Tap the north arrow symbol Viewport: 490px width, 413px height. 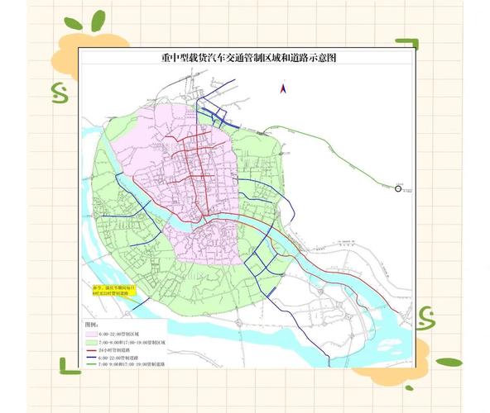point(281,87)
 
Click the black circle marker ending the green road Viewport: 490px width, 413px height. point(398,189)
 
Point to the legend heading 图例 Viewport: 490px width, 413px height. point(93,324)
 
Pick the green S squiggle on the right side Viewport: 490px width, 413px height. point(426,316)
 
